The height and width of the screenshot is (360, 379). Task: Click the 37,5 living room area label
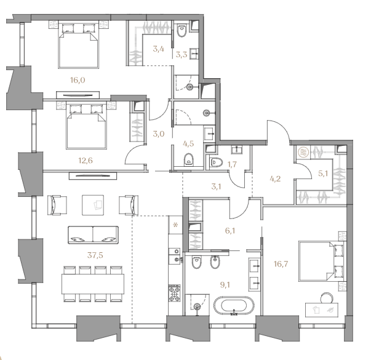click(95, 255)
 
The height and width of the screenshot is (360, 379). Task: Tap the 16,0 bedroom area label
click(78, 80)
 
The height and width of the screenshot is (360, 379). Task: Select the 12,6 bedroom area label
click(86, 161)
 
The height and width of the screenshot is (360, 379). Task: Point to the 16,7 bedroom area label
click(281, 264)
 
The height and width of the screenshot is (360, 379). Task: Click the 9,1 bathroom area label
click(225, 285)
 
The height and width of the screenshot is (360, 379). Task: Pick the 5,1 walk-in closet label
click(323, 173)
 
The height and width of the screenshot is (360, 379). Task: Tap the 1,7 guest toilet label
click(232, 164)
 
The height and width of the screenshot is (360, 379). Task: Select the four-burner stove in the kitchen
click(174, 293)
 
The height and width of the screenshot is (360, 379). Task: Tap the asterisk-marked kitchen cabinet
click(175, 225)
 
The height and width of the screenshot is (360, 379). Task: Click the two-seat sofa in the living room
click(94, 235)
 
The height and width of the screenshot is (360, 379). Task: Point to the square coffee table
click(93, 205)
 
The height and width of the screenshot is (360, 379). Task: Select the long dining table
click(93, 284)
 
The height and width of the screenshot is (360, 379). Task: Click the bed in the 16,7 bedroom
click(321, 261)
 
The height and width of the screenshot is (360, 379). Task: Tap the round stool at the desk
click(327, 298)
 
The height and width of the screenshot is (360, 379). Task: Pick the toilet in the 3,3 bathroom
click(182, 31)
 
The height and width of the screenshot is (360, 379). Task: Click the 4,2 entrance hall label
click(275, 179)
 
